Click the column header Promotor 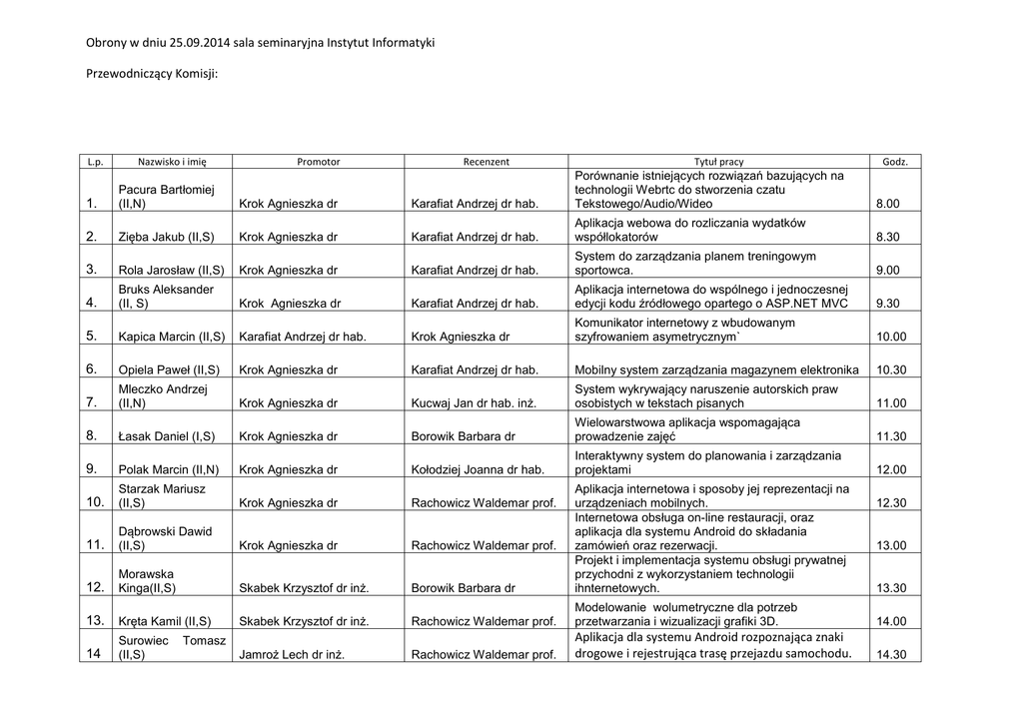click(319, 162)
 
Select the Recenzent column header click(487, 162)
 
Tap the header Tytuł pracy click(719, 162)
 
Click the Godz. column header click(895, 162)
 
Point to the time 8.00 click(887, 204)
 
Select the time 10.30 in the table click(891, 370)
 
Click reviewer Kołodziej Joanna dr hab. click(478, 470)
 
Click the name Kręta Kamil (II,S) click(168, 621)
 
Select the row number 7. click(92, 402)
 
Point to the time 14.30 click(890, 656)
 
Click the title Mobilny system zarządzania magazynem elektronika click(717, 370)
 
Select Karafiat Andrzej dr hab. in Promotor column click(303, 338)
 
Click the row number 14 click(94, 654)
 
